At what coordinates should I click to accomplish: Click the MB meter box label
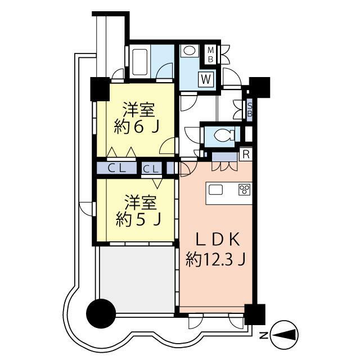[210, 55]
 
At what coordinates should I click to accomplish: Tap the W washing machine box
[206, 79]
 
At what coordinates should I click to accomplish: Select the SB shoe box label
[250, 110]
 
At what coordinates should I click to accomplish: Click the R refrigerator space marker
[246, 154]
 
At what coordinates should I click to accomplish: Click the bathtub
[139, 62]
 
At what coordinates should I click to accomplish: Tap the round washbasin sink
[189, 51]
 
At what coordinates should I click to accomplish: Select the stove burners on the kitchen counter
[245, 190]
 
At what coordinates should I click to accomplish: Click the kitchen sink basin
[215, 190]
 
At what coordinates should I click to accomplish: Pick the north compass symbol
[285, 334]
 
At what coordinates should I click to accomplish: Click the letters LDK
[218, 239]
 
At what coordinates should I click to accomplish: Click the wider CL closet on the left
[117, 169]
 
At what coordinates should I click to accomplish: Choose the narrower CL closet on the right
[151, 169]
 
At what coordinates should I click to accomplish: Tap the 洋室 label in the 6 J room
[139, 110]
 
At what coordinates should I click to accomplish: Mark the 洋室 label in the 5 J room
[141, 202]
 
